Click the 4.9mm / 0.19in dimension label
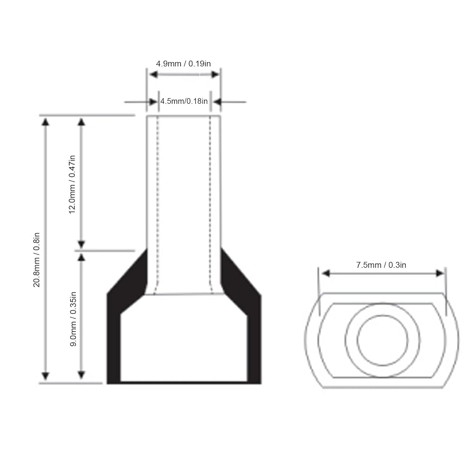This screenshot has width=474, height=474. tap(183, 64)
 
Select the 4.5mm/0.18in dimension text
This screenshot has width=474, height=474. tap(184, 101)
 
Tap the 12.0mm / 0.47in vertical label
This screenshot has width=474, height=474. tap(72, 185)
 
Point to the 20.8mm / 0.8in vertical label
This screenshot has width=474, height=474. tap(36, 260)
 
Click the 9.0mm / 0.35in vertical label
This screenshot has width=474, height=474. tap(73, 319)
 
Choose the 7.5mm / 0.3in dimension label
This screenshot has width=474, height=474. tap(381, 265)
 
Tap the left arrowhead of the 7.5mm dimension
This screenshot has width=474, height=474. tap(326, 273)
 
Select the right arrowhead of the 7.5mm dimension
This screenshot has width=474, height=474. tap(440, 273)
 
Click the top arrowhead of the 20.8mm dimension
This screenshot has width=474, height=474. tap(46, 122)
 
